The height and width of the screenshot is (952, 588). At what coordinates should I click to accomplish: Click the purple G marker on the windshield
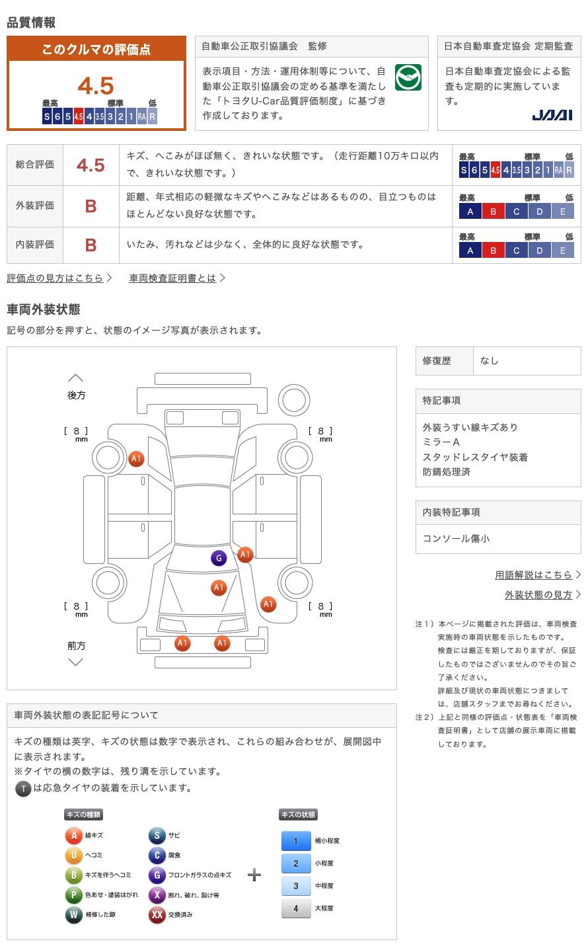coord(219,558)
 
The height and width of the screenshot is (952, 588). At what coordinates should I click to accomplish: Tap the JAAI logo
coord(552,115)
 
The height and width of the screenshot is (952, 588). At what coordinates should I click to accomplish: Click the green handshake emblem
coord(408,78)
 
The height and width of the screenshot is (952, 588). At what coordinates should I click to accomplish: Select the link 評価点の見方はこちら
coord(55,278)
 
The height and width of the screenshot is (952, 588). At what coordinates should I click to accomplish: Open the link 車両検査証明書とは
coord(173,278)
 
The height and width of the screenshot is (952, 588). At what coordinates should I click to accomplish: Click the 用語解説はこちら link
coord(534,575)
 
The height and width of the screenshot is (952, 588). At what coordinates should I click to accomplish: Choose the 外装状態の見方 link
coord(538,594)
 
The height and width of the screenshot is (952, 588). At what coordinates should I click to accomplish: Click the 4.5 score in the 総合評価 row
coord(91,165)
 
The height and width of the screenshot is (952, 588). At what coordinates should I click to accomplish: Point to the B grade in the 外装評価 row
coord(91,206)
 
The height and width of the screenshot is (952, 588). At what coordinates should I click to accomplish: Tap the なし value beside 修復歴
coord(490,361)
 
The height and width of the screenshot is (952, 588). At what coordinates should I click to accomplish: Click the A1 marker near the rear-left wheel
coord(136,458)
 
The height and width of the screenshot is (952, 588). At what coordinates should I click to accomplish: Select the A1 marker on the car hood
coord(219,587)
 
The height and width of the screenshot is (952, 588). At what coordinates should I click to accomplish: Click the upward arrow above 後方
coord(76,378)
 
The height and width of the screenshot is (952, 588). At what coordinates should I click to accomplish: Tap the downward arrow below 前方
coord(76,662)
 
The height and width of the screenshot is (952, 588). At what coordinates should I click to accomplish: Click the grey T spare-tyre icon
coord(23,788)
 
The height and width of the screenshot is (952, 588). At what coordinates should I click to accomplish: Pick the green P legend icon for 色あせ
coord(73,895)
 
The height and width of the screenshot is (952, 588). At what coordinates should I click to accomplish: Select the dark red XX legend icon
coord(157,915)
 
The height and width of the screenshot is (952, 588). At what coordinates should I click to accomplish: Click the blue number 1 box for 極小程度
coord(295,841)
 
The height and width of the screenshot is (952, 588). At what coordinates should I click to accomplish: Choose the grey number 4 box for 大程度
coord(295,908)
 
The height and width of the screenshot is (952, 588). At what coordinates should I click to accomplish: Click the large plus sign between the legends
coord(254,875)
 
